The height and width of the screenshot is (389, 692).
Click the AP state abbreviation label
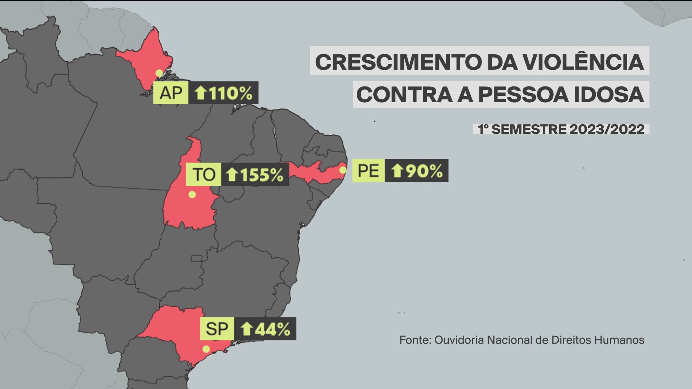[170, 93]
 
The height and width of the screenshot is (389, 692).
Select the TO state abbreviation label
[204, 174]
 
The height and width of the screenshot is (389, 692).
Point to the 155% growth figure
[262, 175]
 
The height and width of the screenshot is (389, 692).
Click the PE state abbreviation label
[368, 170]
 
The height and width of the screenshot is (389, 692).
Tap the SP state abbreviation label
[217, 328]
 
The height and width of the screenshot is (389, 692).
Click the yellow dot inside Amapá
[159, 73]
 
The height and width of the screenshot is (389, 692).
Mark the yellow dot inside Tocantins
[192, 194]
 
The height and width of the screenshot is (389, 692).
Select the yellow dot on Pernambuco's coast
[343, 170]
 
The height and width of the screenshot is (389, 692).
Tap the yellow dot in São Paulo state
[206, 349]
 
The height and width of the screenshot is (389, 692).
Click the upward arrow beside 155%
[232, 175]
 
